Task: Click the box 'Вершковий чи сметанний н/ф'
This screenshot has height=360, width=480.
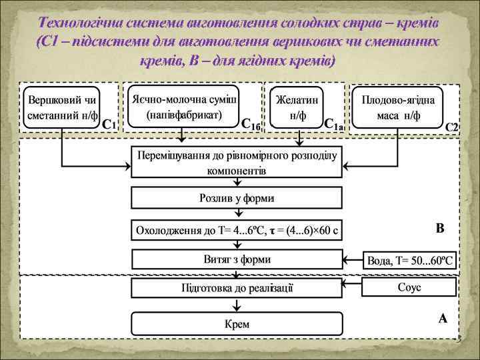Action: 63,107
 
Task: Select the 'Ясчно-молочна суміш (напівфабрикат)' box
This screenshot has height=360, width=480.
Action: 185,105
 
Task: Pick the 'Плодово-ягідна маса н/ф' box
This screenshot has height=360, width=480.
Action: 398,107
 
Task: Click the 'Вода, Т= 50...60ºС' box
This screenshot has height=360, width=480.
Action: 409,260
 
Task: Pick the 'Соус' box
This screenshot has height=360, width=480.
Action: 409,287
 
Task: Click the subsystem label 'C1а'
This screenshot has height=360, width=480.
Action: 333,124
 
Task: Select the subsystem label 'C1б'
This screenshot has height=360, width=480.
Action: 251,124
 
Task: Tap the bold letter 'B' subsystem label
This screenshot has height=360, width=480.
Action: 440,229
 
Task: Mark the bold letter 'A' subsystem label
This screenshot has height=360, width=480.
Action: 443,319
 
